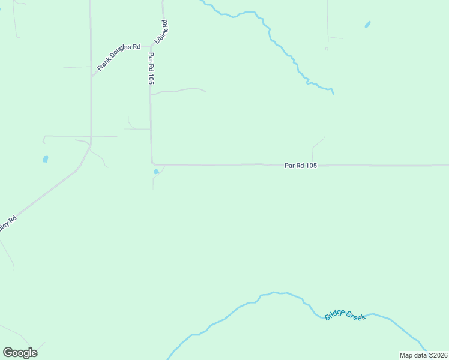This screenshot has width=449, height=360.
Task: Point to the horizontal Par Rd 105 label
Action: click(x=301, y=165)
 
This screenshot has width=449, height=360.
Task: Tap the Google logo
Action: click(x=20, y=352)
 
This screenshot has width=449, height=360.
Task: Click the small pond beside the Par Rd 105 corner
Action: click(x=157, y=172)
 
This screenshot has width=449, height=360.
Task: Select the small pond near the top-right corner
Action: click(x=367, y=25)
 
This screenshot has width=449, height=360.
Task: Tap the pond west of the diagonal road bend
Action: click(x=45, y=159)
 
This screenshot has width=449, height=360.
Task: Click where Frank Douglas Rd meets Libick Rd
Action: click(x=151, y=46)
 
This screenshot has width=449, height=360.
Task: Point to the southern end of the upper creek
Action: click(x=333, y=93)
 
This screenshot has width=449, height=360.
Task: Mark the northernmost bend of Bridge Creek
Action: click(x=274, y=293)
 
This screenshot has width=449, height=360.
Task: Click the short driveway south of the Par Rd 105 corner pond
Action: click(x=154, y=182)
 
